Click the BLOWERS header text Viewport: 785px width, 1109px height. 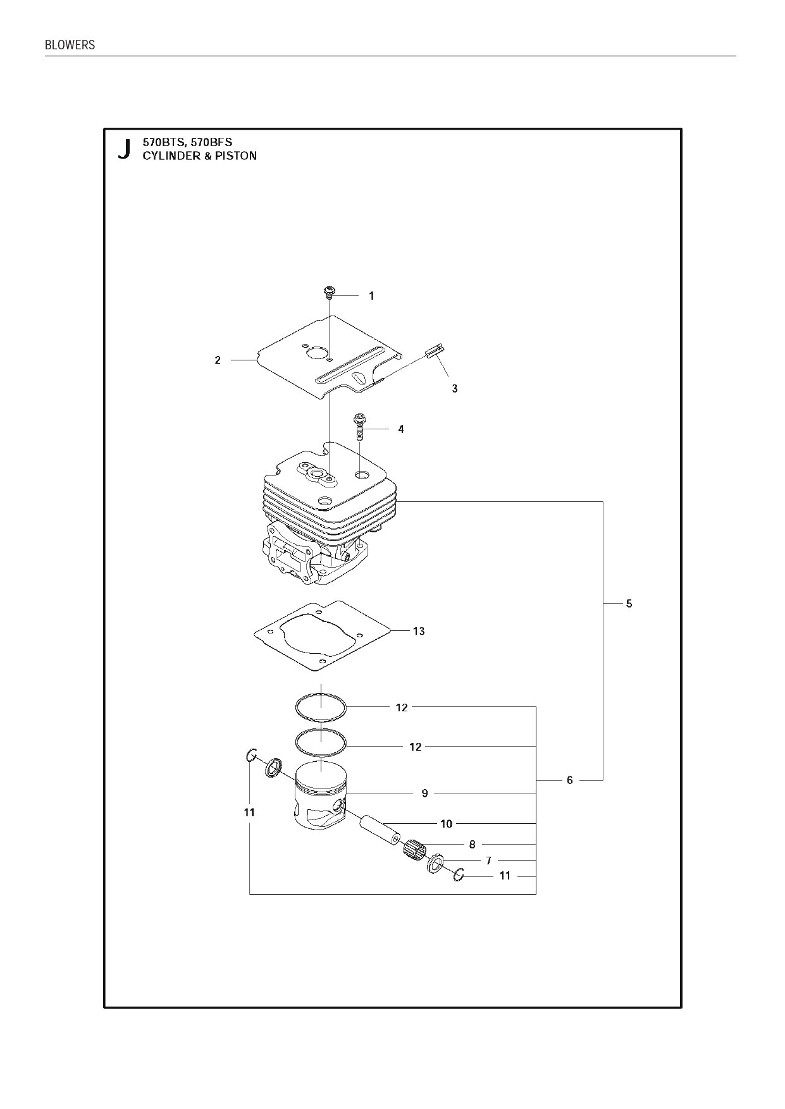click(70, 45)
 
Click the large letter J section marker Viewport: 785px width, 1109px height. click(125, 149)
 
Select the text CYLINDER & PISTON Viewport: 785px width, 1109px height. click(199, 156)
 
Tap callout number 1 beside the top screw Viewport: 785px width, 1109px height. click(371, 295)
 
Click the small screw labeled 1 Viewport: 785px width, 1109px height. click(328, 292)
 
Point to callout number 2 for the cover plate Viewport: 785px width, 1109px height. click(218, 360)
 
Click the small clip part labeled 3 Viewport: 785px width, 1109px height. click(436, 351)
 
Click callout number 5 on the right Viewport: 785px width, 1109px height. click(629, 603)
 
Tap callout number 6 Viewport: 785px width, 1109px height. click(569, 780)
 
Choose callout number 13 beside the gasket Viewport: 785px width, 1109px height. click(419, 631)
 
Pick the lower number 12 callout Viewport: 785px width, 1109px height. click(415, 747)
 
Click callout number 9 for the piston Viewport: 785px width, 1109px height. click(424, 793)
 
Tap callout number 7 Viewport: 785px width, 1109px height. click(488, 861)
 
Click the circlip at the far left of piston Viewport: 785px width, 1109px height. click(251, 754)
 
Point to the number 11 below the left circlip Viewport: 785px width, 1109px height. click(249, 812)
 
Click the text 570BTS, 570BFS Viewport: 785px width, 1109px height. click(187, 142)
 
